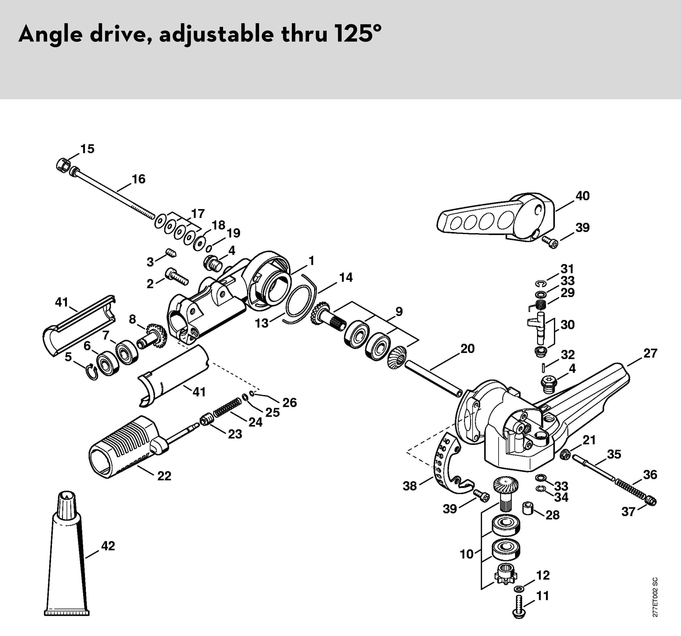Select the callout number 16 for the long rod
(138, 179)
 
